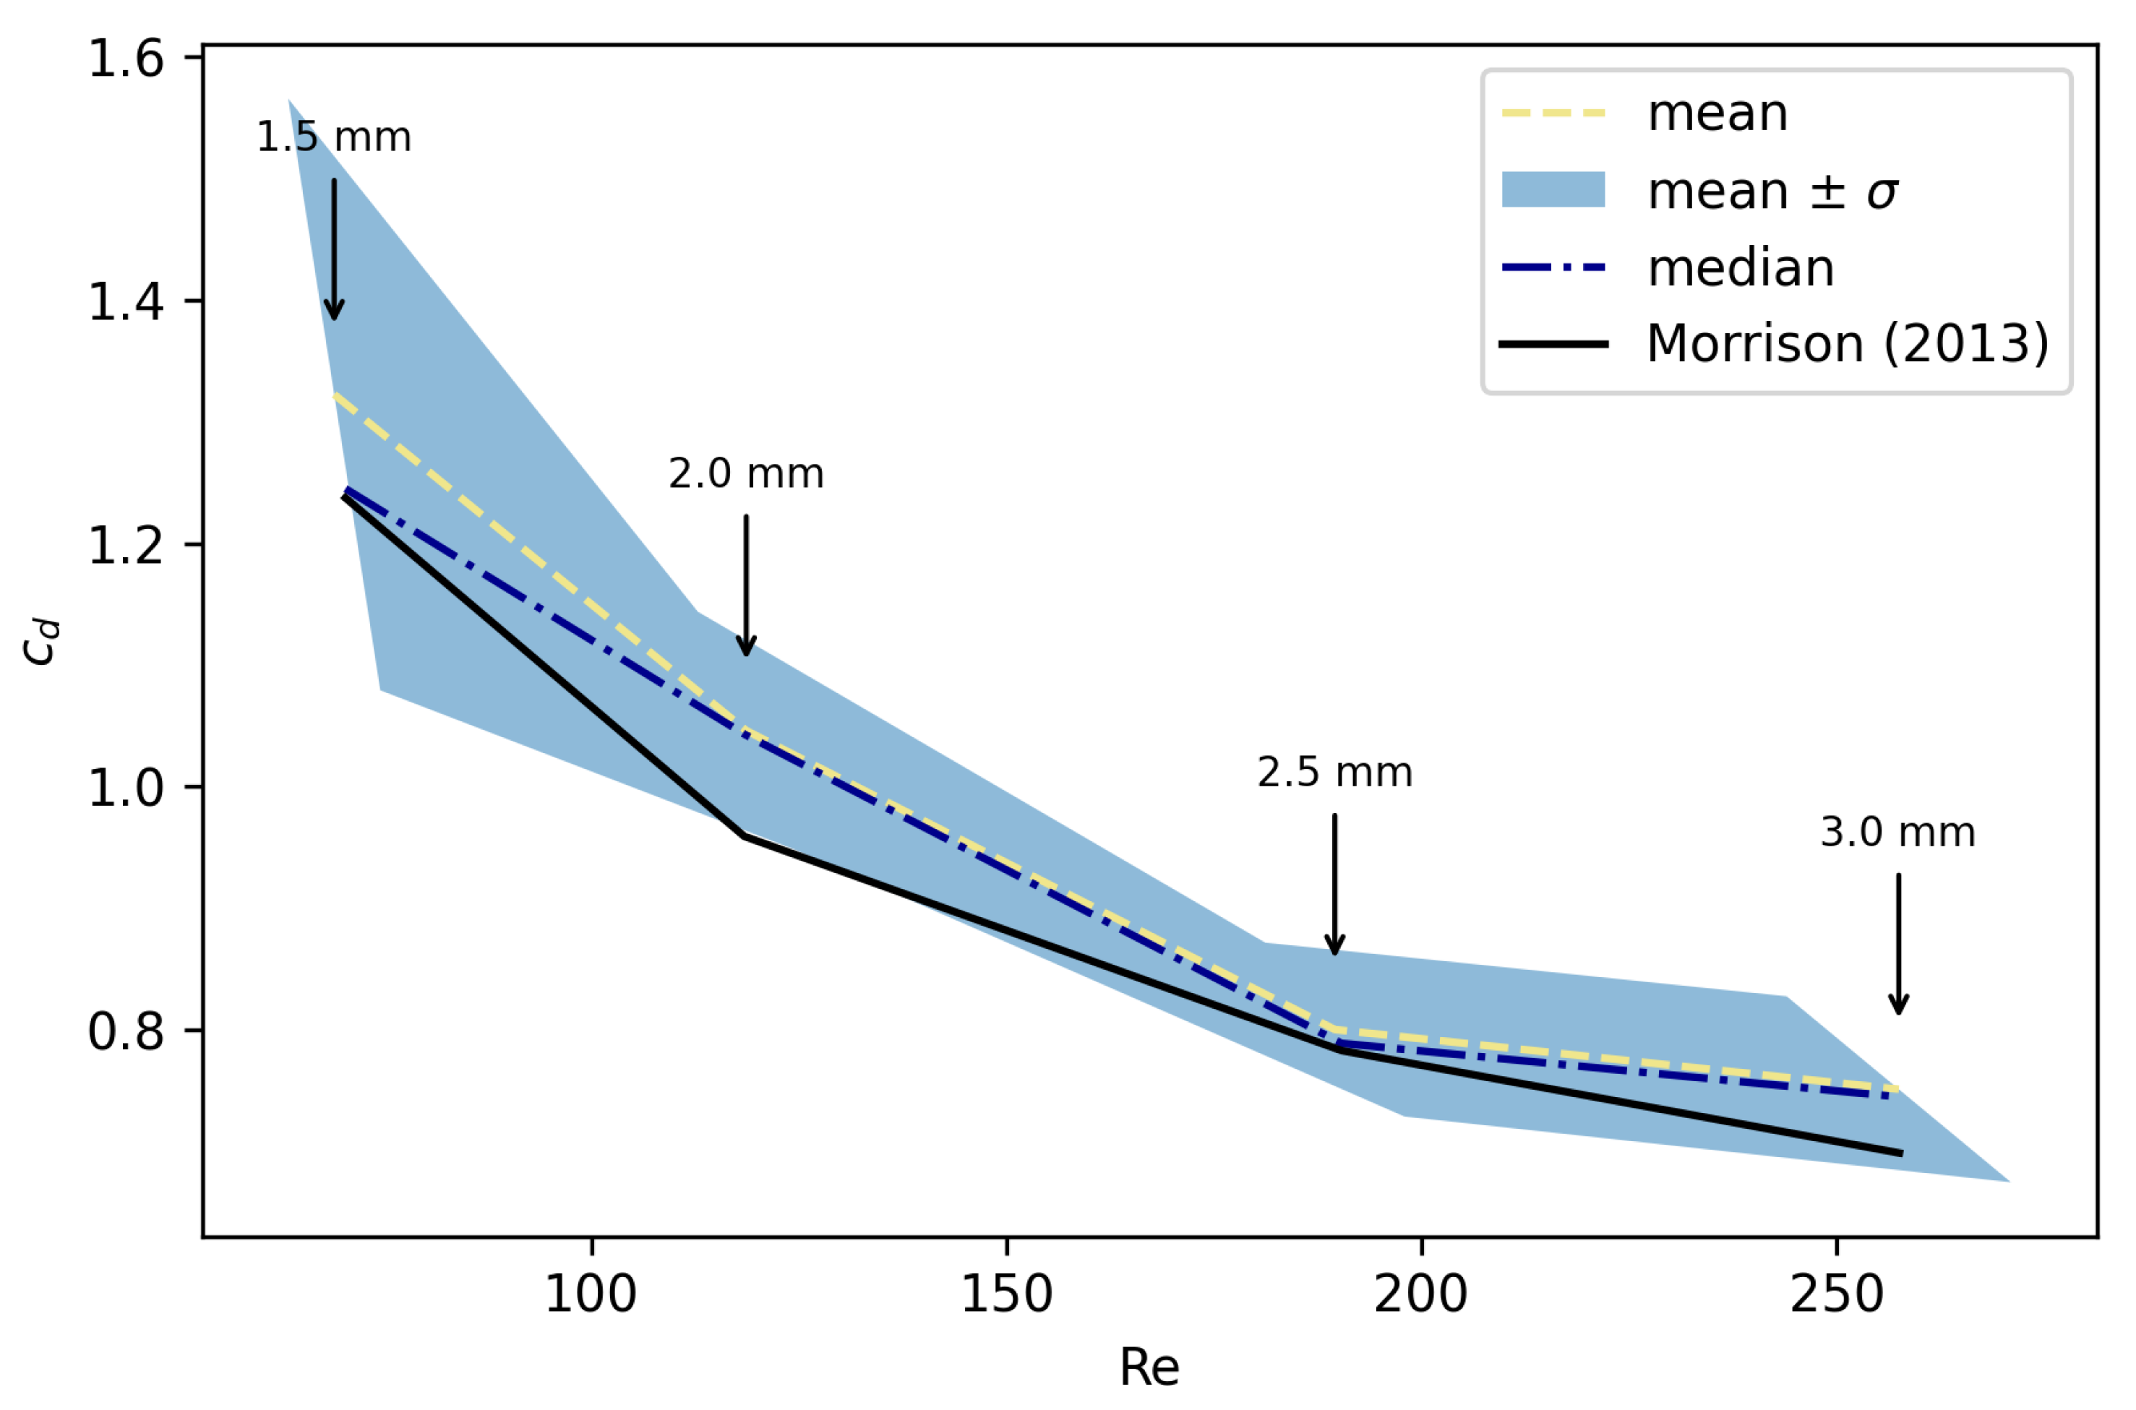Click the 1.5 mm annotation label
click(x=334, y=137)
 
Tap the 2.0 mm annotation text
click(x=745, y=474)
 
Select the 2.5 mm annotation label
click(x=1334, y=773)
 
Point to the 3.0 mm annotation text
click(x=1897, y=832)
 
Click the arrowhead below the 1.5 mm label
click(x=335, y=310)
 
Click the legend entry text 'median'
click(x=1741, y=268)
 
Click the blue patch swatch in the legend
click(x=1553, y=190)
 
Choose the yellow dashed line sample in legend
click(x=1553, y=113)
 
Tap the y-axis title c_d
click(x=40, y=642)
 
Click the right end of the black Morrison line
click(x=1900, y=1153)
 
